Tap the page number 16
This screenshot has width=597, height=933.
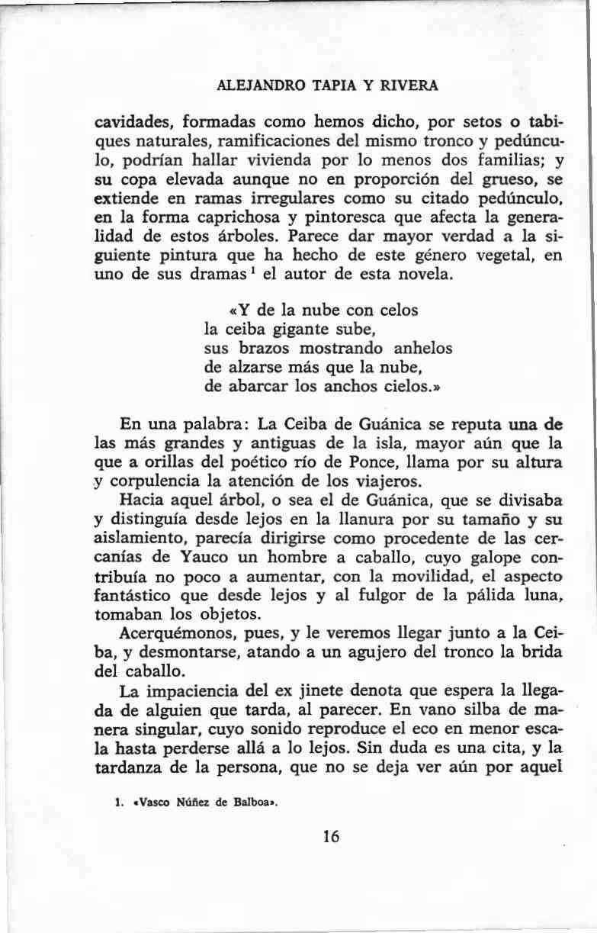click(330, 836)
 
